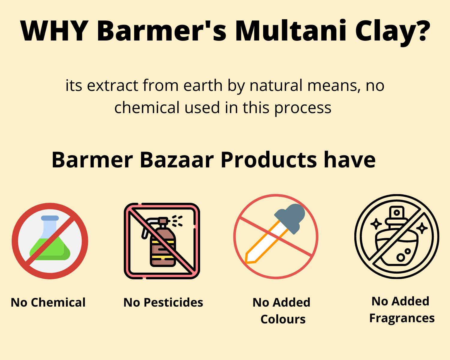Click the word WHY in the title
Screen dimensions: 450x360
click(54, 31)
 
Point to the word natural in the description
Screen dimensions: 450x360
click(278, 85)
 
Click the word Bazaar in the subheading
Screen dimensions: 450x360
click(177, 160)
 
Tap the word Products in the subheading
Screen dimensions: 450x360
click(269, 160)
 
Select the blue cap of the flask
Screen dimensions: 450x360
click(50, 218)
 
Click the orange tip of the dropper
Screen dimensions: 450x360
click(250, 258)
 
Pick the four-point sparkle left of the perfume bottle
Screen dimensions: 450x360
click(376, 224)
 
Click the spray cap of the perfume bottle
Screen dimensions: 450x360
click(397, 213)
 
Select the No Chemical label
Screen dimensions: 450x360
click(48, 302)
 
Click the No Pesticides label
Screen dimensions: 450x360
click(163, 302)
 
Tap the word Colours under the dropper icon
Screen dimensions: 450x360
click(283, 319)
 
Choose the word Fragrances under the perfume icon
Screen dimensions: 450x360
click(402, 318)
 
